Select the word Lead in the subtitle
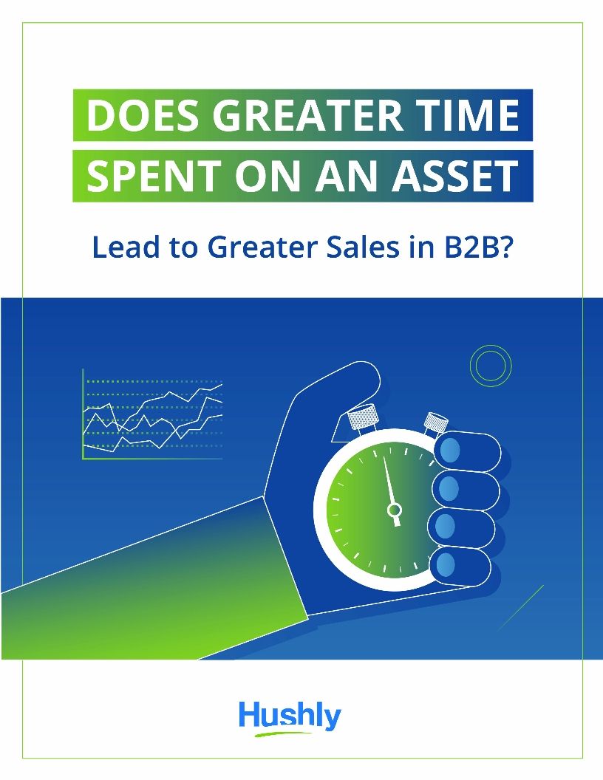click(x=121, y=247)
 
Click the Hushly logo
click(x=290, y=717)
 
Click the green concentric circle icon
click(x=491, y=366)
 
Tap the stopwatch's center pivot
click(x=395, y=509)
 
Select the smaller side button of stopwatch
click(x=435, y=422)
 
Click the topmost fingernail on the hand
click(x=449, y=449)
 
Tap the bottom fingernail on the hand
click(x=446, y=564)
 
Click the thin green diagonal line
click(x=520, y=607)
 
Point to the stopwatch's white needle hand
click(x=389, y=484)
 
